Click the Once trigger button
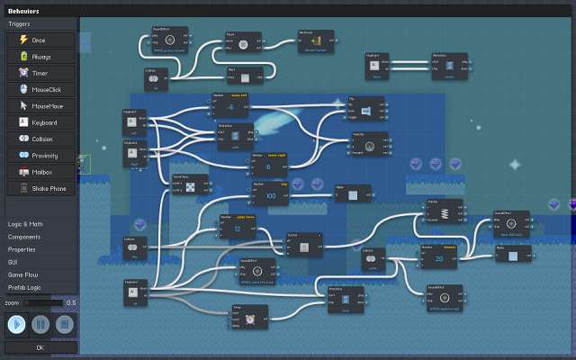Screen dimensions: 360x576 [40, 40]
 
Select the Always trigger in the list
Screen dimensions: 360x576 [40, 57]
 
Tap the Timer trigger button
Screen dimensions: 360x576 [40, 73]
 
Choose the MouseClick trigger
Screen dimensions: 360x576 [40, 89]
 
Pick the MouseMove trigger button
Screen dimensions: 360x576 [40, 105]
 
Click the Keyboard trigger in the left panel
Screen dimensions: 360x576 [40, 122]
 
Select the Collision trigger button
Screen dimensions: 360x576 [40, 139]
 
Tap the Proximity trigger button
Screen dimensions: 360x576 [40, 155]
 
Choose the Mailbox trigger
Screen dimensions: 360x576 [40, 171]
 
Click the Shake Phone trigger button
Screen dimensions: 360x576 [40, 188]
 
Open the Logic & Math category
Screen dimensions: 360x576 [26, 223]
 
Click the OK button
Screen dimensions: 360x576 [40, 347]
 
